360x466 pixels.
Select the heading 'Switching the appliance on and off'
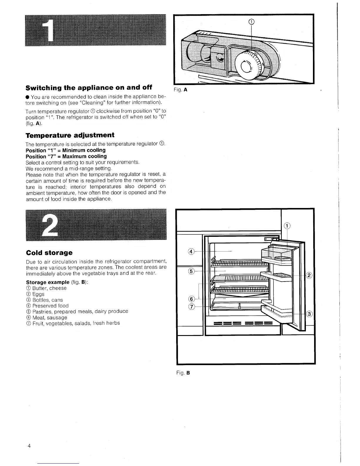point(89,88)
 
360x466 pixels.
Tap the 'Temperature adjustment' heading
point(70,135)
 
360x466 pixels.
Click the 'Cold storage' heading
point(49,253)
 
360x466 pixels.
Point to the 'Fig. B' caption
point(183,373)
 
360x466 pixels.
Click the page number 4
point(29,446)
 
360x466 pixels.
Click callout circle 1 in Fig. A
point(251,21)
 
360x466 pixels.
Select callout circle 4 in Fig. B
point(191,252)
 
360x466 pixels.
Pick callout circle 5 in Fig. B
point(191,271)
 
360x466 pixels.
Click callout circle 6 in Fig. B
point(191,299)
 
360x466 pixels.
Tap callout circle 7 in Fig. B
point(191,307)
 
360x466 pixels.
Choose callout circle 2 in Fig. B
point(309,275)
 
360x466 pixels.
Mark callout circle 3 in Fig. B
point(309,314)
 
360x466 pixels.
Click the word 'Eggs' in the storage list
point(38,294)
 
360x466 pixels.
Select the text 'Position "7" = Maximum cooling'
point(66,156)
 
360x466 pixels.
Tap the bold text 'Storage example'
point(48,282)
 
